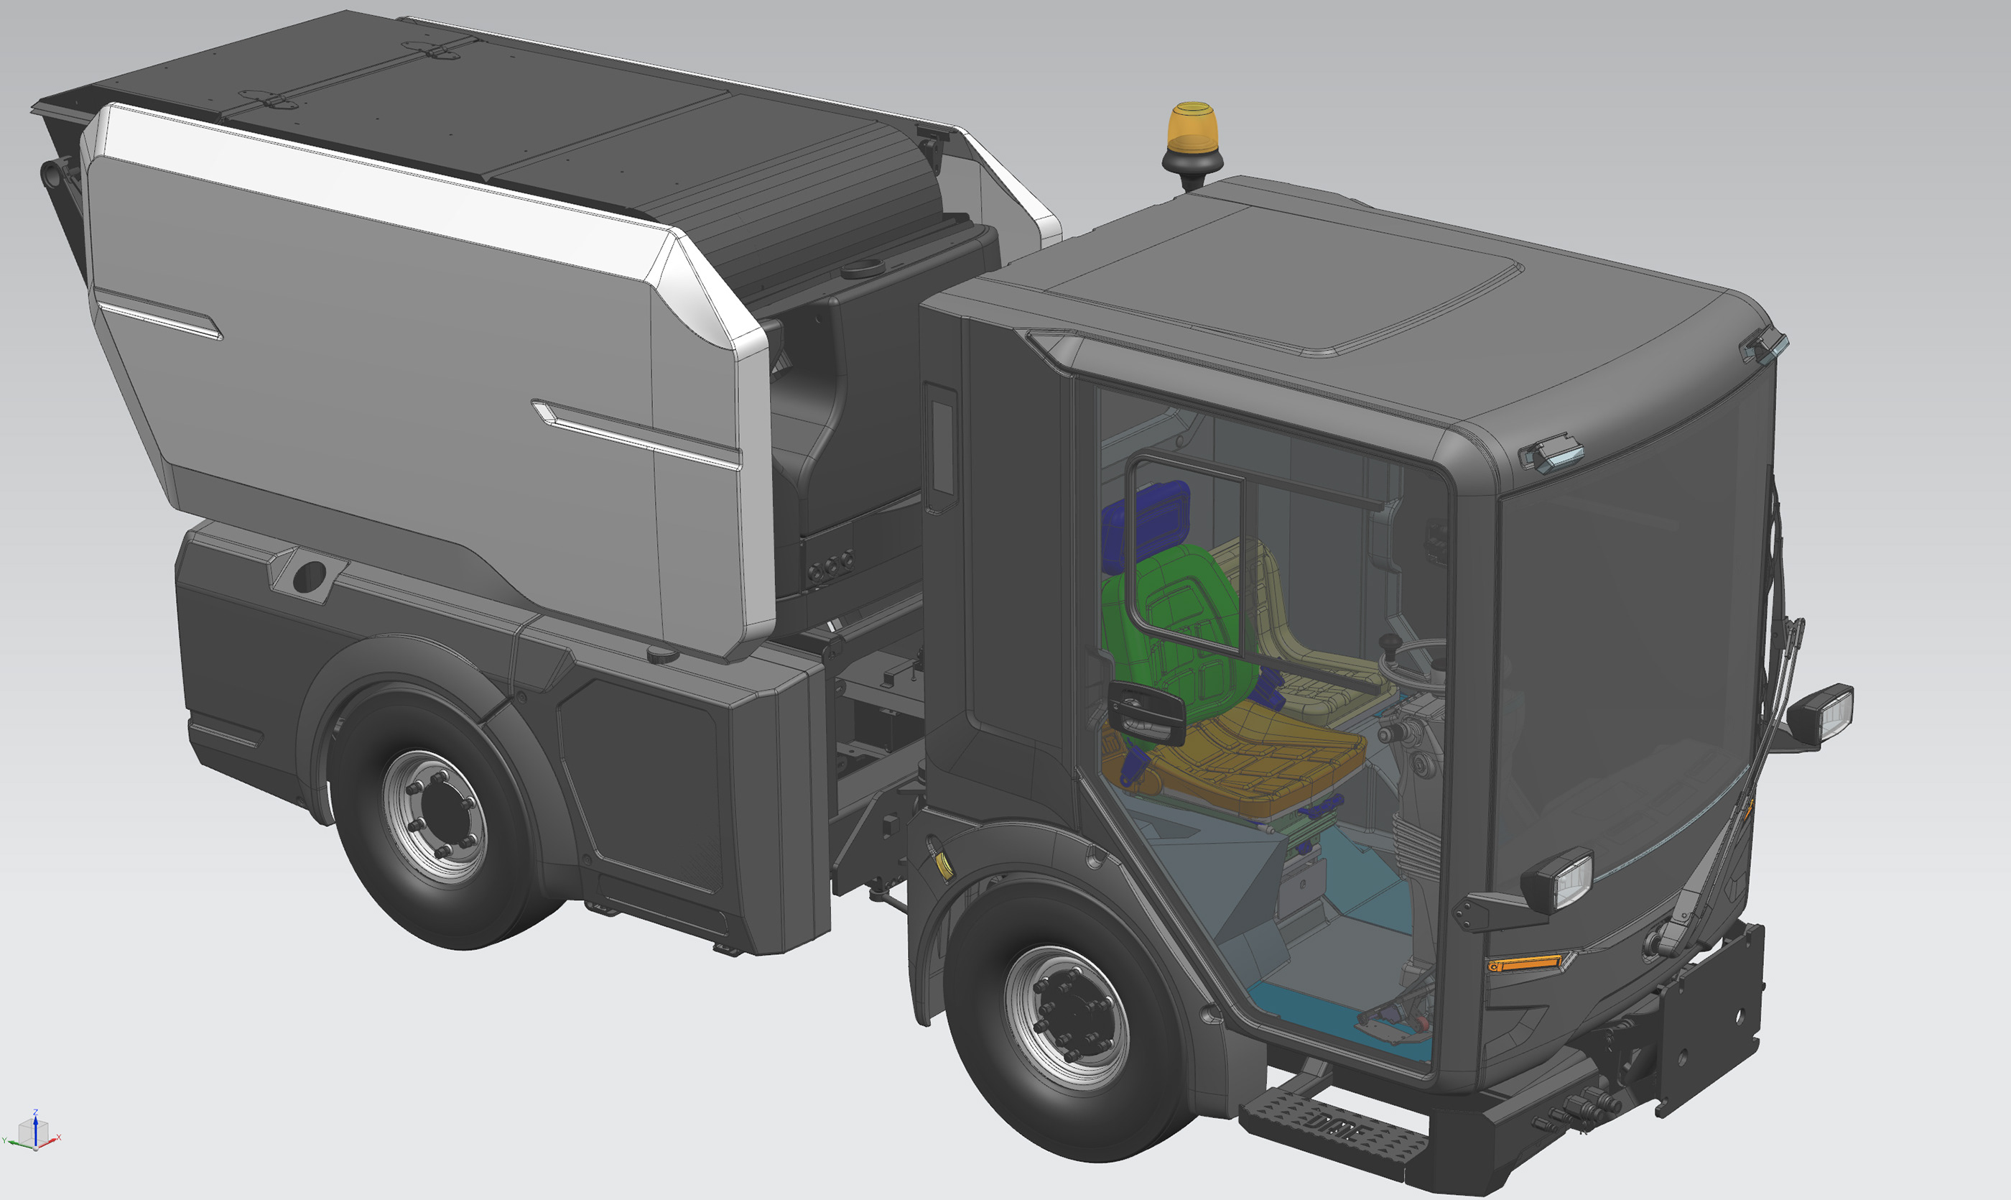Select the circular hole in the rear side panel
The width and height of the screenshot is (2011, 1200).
tap(309, 576)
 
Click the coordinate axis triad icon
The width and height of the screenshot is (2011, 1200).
tap(33, 1132)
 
